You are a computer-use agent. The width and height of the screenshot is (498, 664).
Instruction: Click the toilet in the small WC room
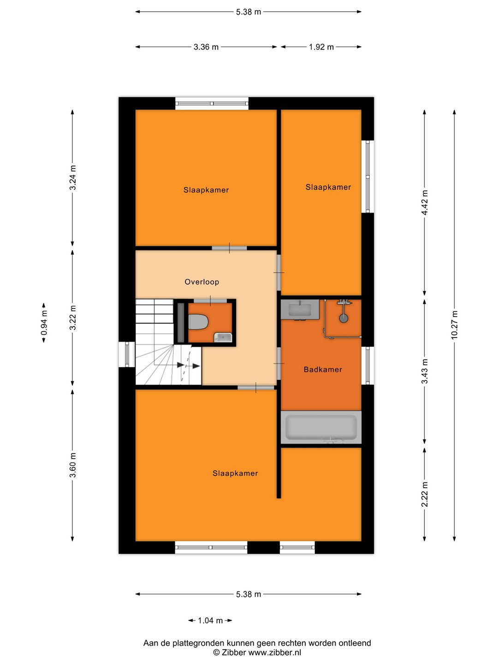tap(198, 322)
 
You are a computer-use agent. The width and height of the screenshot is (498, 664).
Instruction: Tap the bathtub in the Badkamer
tap(321, 427)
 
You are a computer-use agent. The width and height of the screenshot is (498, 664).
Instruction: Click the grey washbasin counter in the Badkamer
tap(300, 309)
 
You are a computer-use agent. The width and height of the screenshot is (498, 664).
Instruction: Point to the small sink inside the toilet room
tap(223, 337)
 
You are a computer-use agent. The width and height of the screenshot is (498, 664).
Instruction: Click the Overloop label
tap(202, 282)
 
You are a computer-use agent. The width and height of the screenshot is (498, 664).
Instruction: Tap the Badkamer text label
tap(323, 369)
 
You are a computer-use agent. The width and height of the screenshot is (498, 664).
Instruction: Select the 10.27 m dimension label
tap(455, 325)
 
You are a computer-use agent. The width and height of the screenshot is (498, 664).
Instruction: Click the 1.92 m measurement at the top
tap(321, 47)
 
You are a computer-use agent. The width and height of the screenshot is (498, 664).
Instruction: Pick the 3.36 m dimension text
tap(206, 47)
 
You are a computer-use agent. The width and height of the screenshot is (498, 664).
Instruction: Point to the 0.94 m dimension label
tap(44, 323)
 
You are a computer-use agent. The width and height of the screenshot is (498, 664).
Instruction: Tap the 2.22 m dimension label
tap(425, 494)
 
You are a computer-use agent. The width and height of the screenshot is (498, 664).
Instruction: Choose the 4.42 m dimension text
tap(425, 202)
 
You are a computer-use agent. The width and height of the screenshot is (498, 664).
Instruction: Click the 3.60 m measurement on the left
tap(73, 465)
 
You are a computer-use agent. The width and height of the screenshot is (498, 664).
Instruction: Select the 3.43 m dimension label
tap(425, 371)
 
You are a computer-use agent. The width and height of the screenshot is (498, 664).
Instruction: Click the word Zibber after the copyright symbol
tap(234, 652)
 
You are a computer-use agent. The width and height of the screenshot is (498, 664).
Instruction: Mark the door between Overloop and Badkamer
tap(279, 363)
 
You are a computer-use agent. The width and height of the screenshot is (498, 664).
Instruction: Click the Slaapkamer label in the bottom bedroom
tap(235, 474)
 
